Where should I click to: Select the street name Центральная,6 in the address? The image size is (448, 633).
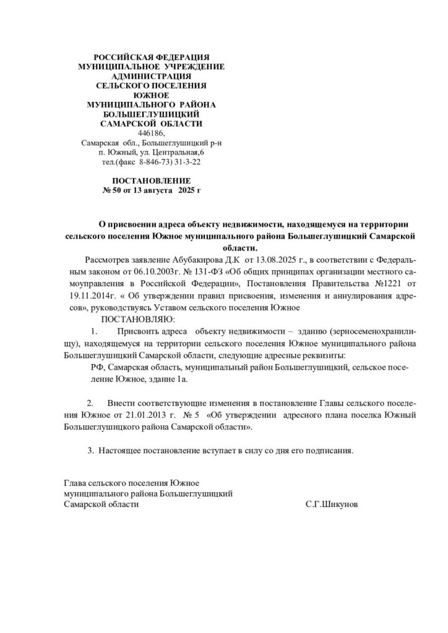point(182,152)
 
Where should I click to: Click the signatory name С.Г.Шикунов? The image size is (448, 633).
point(332,504)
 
